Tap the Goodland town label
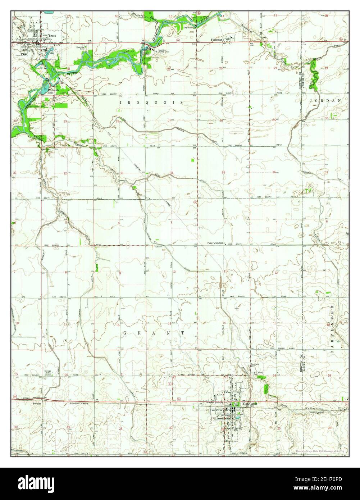click(x=250, y=404)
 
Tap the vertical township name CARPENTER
click(x=332, y=329)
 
